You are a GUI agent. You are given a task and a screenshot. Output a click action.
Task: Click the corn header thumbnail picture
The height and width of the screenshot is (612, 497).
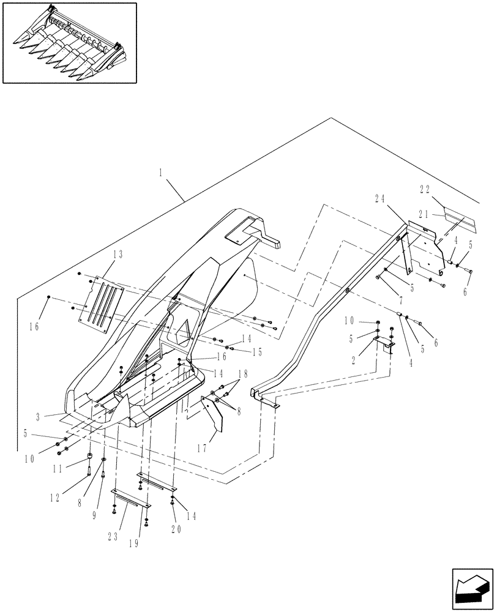[x=69, y=42]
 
